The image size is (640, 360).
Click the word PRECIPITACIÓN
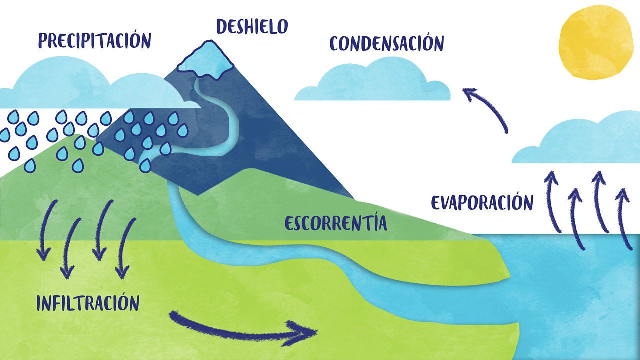pyautogui.click(x=94, y=40)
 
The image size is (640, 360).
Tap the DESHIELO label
pyautogui.click(x=252, y=26)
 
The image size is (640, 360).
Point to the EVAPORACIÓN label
pyautogui.click(x=482, y=203)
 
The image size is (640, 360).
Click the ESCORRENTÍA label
pyautogui.click(x=336, y=223)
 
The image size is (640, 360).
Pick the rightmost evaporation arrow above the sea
pyautogui.click(x=624, y=217)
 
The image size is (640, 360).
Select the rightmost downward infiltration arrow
pyautogui.click(x=125, y=248)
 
